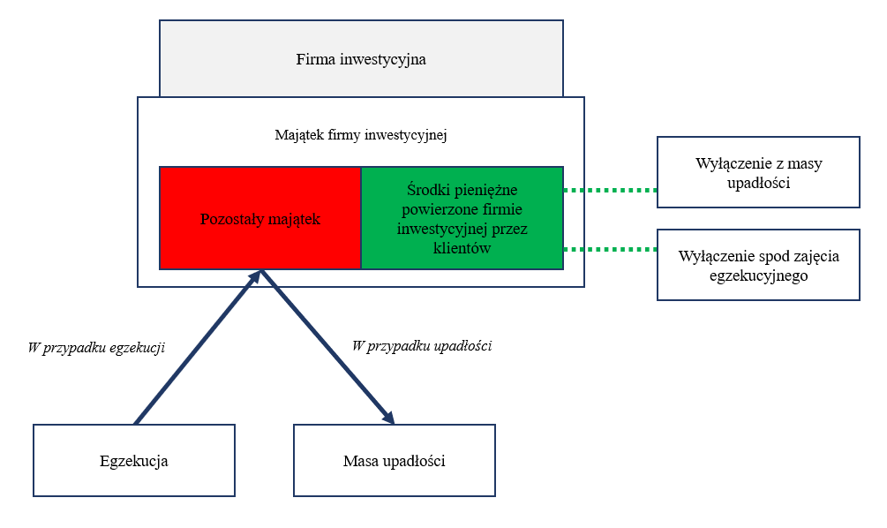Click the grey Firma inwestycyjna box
point(361,59)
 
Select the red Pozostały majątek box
point(260,218)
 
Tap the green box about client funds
point(462,218)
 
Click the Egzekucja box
point(134,461)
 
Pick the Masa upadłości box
point(395,461)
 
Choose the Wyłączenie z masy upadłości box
point(759,172)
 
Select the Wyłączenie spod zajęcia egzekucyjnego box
point(759,265)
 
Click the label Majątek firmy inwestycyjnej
point(361,135)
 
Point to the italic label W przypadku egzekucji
point(96,347)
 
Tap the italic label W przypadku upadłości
point(422,346)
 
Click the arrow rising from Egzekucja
point(198,347)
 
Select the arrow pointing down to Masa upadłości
point(327,347)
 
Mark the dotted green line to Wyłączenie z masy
point(611,190)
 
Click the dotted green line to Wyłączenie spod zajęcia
point(611,249)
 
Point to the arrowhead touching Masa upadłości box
point(388,417)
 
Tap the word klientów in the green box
point(462,248)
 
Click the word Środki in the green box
point(425,190)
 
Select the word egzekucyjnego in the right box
point(759,276)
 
